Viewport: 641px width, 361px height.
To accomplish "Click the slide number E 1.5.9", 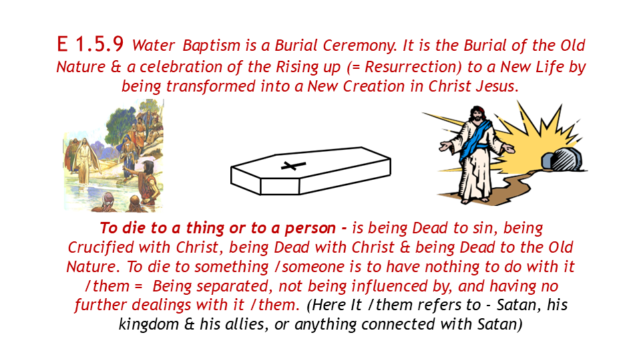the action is [90, 44].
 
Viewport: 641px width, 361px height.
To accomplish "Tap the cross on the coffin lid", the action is [293, 165].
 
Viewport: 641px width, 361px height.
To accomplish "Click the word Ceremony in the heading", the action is [360, 46].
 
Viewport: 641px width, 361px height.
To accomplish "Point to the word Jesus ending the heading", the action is [496, 86].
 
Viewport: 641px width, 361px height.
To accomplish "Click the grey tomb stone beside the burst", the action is [564, 159].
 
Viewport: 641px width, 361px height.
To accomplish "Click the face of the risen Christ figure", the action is [476, 114].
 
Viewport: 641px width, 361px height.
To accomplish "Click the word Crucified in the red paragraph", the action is [101, 247].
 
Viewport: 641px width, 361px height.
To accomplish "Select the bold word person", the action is [310, 228].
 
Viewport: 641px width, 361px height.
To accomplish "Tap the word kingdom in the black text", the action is [149, 324].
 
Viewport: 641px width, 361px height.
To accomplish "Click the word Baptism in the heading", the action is [212, 46].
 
